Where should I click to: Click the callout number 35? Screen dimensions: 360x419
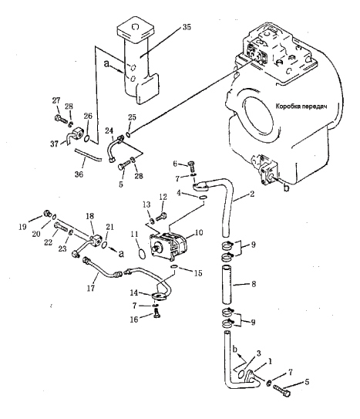pos(187,27)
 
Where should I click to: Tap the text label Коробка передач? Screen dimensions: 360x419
pos(301,106)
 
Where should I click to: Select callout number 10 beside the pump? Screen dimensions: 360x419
pos(199,232)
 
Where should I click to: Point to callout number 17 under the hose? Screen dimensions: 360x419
pos(91,288)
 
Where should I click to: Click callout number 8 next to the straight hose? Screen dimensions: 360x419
pos(254,284)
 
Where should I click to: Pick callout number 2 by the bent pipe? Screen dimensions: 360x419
pos(252,194)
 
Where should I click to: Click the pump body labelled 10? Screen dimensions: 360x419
pos(168,246)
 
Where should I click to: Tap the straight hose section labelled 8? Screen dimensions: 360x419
pos(227,284)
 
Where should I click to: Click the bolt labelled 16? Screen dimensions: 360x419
pos(156,312)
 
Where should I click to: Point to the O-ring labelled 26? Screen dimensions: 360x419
pos(86,138)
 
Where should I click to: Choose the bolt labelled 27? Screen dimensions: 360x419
pos(61,120)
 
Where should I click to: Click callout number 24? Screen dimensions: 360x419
pos(109,131)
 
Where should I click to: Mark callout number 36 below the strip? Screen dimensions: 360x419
pos(79,174)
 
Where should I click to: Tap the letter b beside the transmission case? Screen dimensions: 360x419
pos(286,188)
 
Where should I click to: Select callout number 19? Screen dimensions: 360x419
pos(22,227)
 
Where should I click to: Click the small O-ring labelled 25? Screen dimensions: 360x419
pos(129,134)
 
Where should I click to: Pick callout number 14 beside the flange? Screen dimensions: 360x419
pos(134,293)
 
